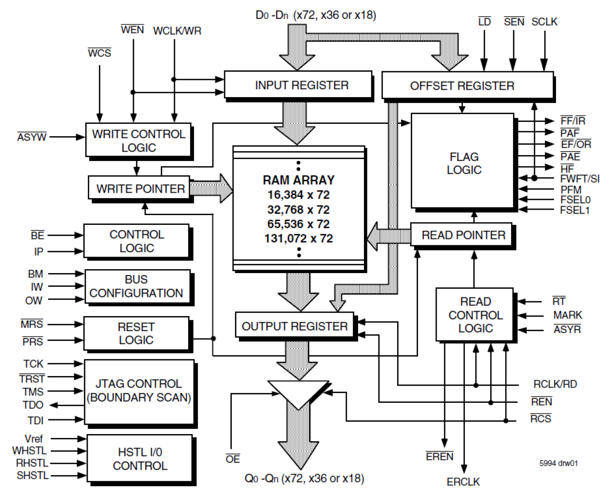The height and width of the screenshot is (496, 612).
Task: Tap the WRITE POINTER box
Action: tap(139, 188)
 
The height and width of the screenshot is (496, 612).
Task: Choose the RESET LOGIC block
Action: tap(136, 334)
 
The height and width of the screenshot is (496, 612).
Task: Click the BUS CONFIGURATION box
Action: tap(136, 286)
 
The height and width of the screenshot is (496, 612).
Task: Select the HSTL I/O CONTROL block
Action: tap(140, 459)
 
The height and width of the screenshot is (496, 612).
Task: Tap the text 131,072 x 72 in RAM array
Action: tap(299, 238)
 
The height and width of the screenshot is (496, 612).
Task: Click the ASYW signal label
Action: tap(32, 137)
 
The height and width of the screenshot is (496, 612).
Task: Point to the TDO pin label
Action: tap(33, 405)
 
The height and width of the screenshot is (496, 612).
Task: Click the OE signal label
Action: tap(233, 459)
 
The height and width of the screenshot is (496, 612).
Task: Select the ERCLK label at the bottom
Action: tap(463, 482)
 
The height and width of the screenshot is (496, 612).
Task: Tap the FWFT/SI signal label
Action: tap(579, 179)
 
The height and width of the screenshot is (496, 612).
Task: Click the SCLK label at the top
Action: tap(544, 22)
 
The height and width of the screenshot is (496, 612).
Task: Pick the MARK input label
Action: tap(568, 315)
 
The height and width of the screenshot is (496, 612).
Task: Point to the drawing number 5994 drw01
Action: tap(558, 463)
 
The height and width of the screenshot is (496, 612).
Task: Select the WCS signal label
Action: tap(99, 53)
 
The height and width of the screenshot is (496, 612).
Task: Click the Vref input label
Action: tap(34, 438)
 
